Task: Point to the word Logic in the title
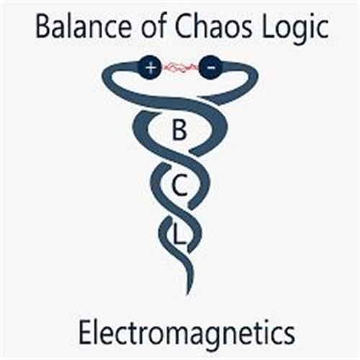[295, 30]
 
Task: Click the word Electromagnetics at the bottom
[186, 333]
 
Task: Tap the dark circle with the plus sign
[150, 68]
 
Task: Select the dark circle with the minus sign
[211, 68]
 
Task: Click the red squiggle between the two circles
[181, 68]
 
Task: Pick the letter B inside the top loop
[179, 130]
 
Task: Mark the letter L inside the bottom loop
[179, 235]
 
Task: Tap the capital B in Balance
[44, 27]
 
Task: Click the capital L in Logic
[269, 27]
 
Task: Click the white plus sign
[150, 68]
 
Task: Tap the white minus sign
[211, 68]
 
